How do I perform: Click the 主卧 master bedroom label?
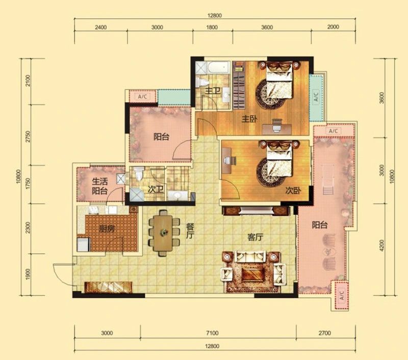(249, 119)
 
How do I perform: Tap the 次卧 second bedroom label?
(293, 191)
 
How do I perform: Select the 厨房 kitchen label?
(107, 229)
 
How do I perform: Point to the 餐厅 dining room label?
(190, 230)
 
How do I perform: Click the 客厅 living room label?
(256, 237)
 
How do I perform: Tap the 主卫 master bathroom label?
(213, 91)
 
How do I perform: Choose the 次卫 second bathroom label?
(156, 189)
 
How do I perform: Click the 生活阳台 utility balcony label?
(99, 186)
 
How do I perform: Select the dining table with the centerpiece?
(163, 233)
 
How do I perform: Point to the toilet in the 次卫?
(139, 174)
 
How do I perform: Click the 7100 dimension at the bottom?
(212, 332)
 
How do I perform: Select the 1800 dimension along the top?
(212, 27)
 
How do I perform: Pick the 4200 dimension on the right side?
(381, 245)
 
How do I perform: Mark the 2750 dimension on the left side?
(28, 137)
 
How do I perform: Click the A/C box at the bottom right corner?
(342, 295)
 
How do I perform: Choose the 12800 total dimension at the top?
(215, 16)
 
